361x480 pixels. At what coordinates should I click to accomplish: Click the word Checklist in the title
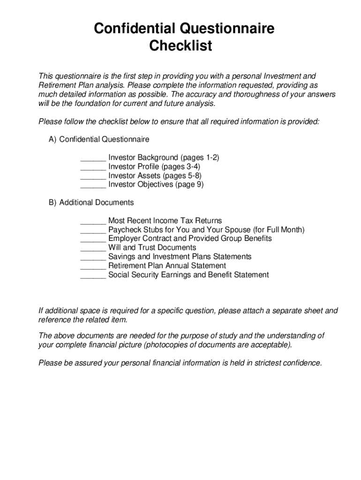coord(180,46)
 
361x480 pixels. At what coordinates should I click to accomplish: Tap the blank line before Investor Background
coord(93,158)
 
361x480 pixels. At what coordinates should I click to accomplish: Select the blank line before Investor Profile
coord(93,167)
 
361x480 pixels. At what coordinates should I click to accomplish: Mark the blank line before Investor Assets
coord(93,176)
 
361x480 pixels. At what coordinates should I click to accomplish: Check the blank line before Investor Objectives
coord(93,185)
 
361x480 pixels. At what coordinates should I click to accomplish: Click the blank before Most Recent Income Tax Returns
coord(93,221)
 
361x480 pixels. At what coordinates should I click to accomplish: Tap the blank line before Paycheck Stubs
coord(93,230)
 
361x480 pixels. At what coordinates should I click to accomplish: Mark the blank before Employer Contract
coord(93,239)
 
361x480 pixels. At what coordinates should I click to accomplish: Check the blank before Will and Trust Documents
coord(93,247)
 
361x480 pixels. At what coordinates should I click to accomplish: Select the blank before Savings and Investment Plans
coord(93,257)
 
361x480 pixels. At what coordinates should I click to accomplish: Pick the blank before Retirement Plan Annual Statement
coord(93,266)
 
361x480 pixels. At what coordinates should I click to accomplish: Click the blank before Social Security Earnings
coord(93,275)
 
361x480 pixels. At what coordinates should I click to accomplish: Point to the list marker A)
coord(53,139)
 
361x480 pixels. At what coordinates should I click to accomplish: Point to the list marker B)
coord(53,202)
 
